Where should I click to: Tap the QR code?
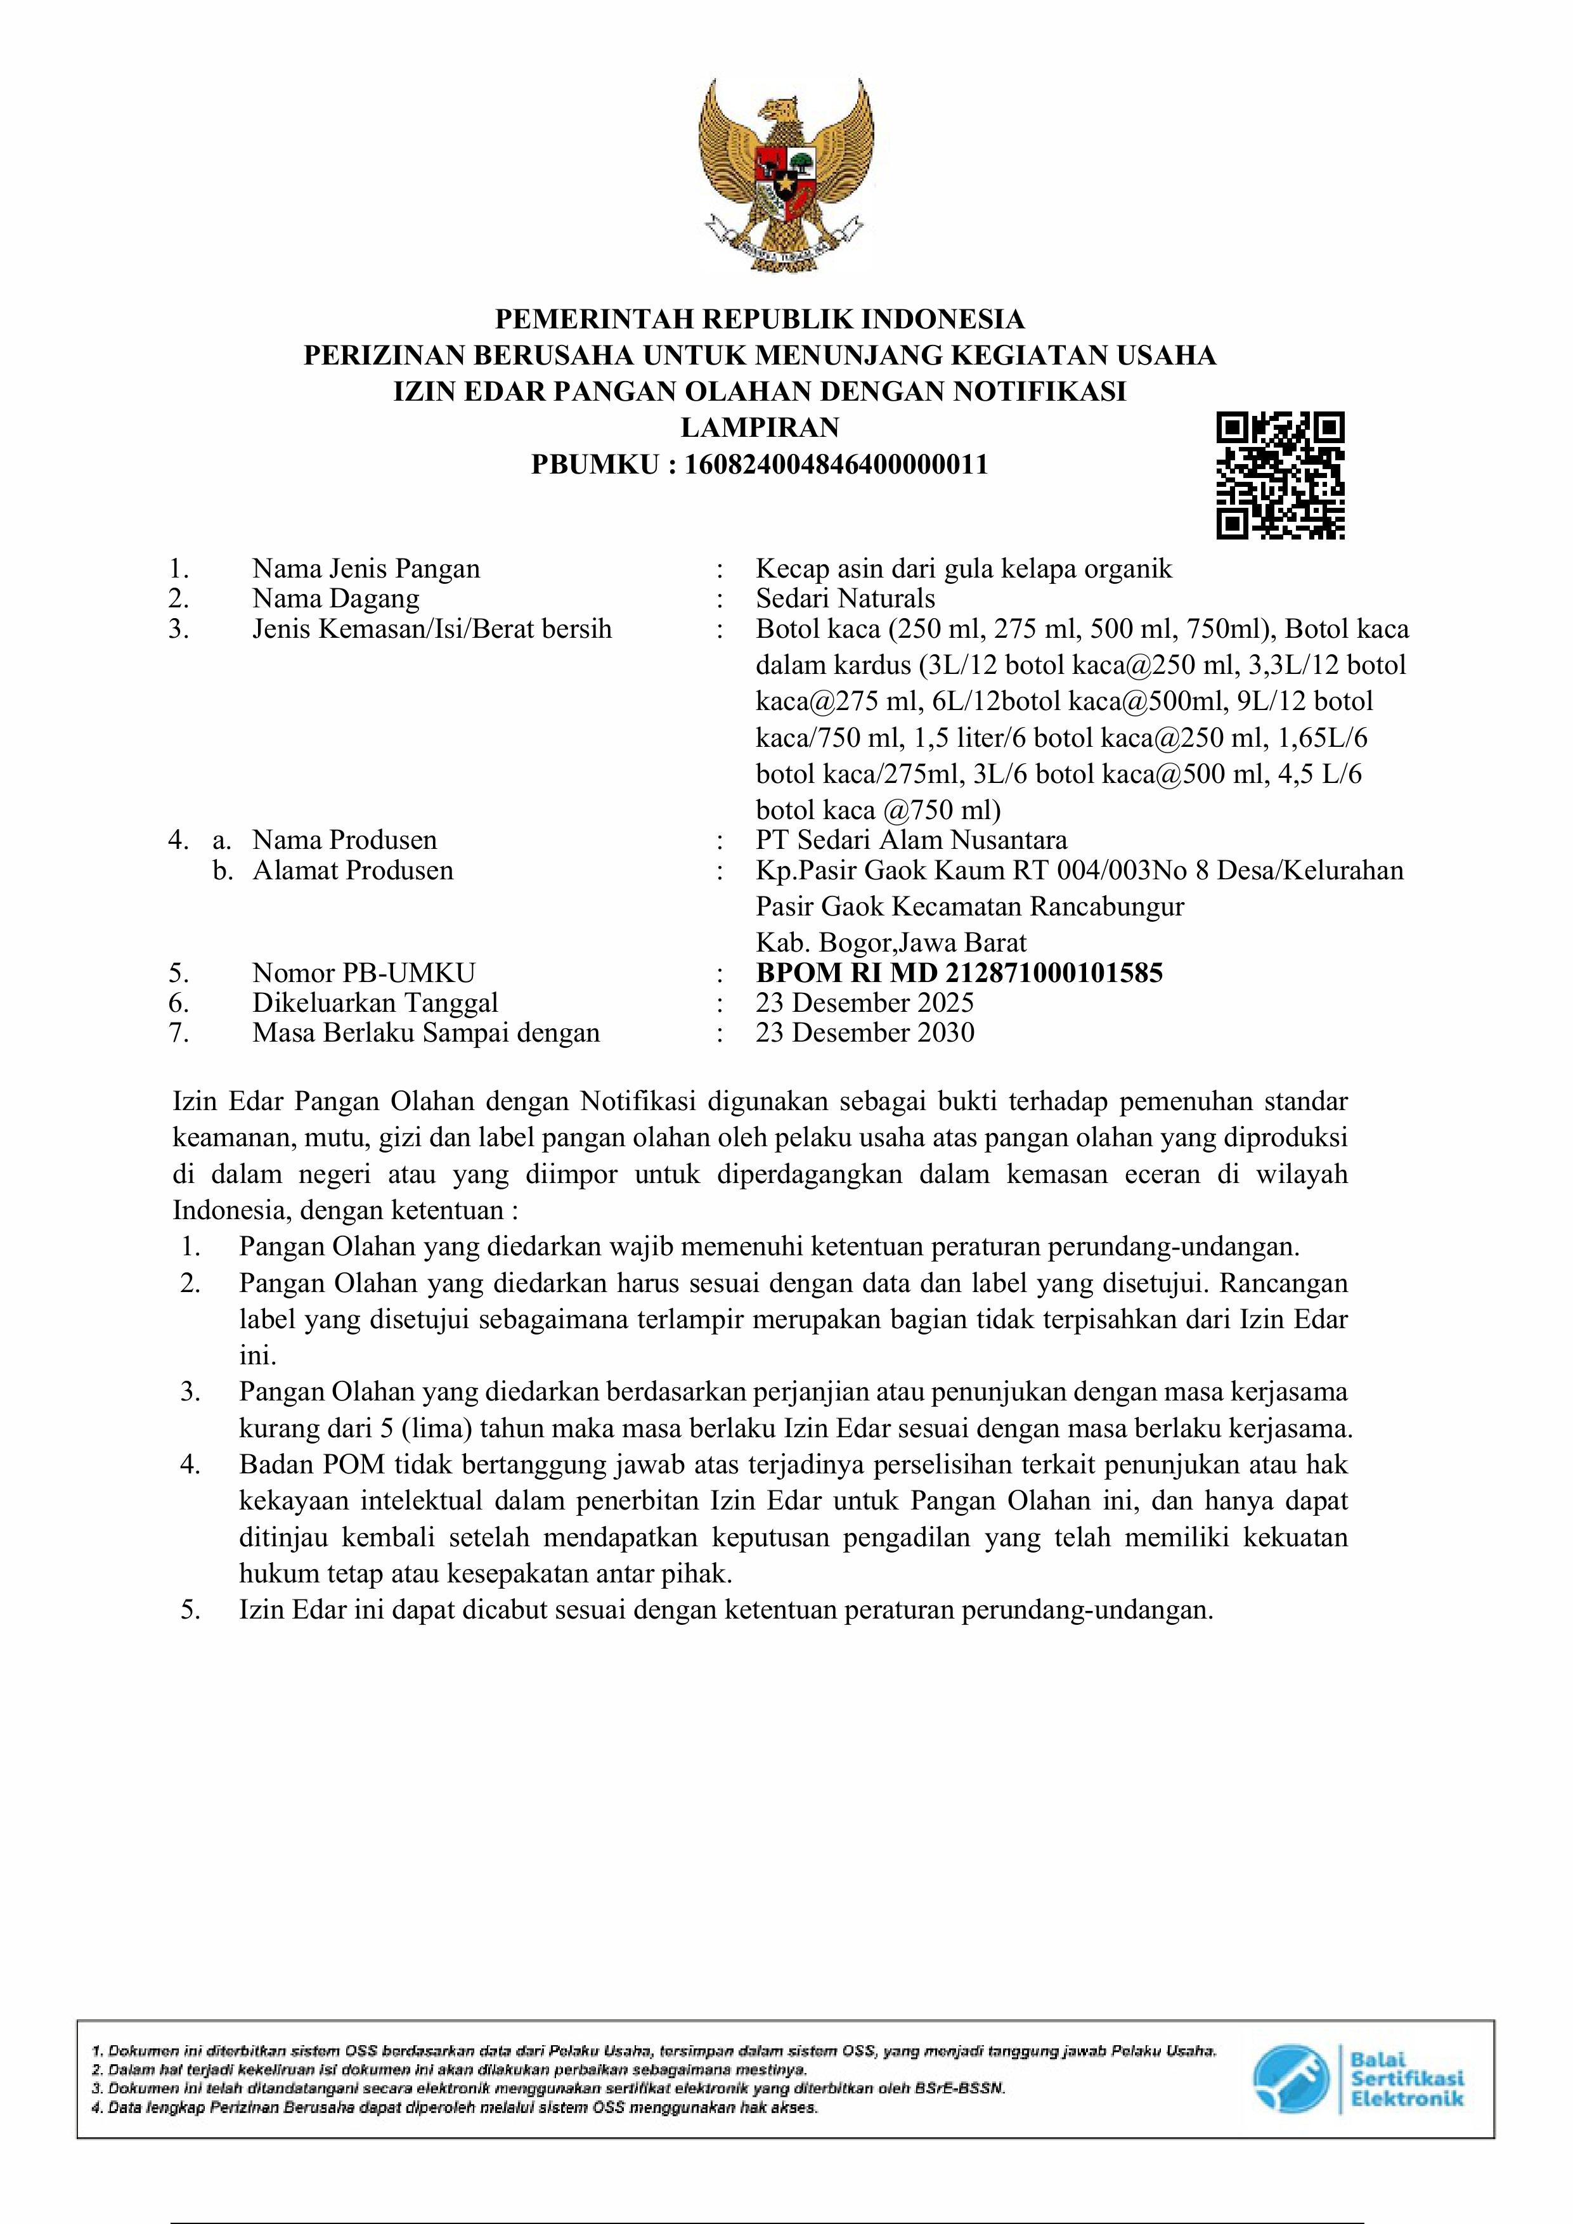pos(1279,475)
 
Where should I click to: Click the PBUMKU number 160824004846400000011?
pos(836,464)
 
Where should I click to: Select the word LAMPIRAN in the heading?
pos(760,427)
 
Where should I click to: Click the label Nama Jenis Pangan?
pos(366,569)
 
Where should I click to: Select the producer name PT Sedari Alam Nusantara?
pos(912,840)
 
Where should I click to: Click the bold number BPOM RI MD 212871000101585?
pos(959,973)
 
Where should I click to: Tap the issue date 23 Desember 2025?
pos(865,1002)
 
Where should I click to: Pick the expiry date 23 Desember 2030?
pos(865,1033)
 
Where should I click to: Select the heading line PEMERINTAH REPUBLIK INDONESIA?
pos(760,319)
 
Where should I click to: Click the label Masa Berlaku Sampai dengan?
pos(426,1033)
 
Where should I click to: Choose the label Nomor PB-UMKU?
pos(364,973)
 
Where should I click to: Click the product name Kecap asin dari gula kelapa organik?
pos(964,569)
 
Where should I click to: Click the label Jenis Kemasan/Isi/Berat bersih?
pos(432,629)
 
